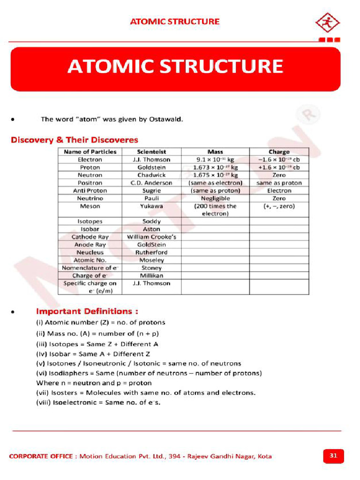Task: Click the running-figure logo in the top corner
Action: point(328,22)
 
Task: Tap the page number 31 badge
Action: point(333,456)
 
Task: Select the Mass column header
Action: point(215,152)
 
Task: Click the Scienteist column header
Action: point(151,152)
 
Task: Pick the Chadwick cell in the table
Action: point(151,175)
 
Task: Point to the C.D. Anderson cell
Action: point(151,183)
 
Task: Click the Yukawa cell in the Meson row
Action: point(151,206)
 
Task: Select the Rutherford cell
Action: point(151,252)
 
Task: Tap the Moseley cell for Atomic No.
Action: point(151,260)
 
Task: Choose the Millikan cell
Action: point(151,276)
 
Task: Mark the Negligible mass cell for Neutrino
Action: point(215,198)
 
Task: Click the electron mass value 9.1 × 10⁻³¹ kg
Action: point(215,159)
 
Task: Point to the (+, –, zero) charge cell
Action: point(279,206)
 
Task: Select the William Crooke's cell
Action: point(151,237)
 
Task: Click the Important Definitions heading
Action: point(87,311)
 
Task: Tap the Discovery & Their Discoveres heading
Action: point(75,140)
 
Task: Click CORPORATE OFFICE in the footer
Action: point(41,456)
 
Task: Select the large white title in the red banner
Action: point(175,67)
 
